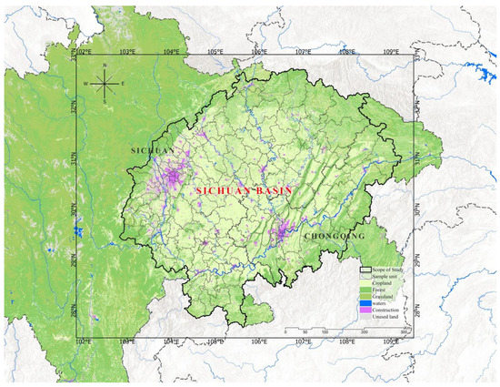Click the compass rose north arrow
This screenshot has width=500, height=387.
(105, 87)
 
